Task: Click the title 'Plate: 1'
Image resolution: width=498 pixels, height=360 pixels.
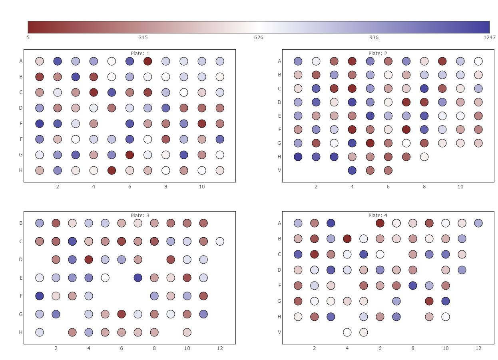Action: (140, 54)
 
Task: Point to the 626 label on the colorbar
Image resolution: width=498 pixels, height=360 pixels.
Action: (259, 38)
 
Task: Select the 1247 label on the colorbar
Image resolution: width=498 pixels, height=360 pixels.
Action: (490, 38)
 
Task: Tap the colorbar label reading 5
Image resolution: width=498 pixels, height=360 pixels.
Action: (28, 38)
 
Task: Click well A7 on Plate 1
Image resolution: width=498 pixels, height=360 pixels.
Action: (148, 61)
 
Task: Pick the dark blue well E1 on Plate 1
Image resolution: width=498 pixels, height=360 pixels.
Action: (40, 124)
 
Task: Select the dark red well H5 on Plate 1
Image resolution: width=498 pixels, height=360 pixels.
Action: (112, 170)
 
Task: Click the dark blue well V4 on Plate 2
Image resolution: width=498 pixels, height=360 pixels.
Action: (352, 170)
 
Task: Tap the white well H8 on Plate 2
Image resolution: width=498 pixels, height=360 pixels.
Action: (424, 157)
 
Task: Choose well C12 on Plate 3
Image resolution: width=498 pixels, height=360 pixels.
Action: (220, 241)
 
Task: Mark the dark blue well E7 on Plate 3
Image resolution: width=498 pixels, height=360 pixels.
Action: (138, 278)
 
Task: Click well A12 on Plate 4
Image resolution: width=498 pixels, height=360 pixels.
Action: (478, 223)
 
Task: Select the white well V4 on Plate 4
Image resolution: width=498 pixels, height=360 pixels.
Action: (347, 332)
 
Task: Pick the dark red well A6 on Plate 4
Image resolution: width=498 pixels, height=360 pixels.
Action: (380, 223)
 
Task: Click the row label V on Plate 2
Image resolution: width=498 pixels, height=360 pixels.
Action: (280, 170)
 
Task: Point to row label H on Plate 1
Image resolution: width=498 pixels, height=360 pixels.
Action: (21, 170)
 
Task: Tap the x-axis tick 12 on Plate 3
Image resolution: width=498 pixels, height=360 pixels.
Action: (220, 348)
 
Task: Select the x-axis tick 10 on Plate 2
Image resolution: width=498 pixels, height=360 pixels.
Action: (460, 187)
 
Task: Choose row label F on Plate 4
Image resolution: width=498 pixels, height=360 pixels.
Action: (280, 286)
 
